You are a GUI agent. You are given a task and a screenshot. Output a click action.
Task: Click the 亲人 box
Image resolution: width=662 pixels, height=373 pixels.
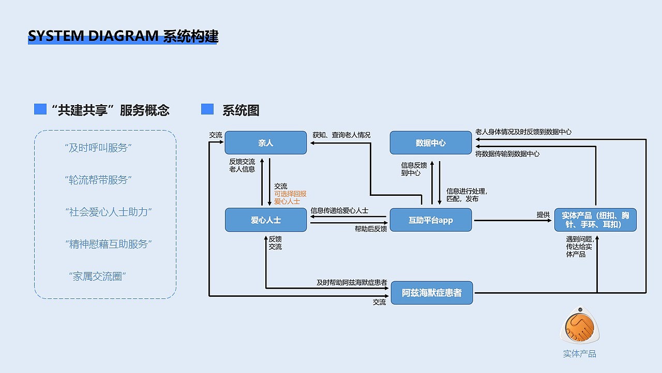click(265, 142)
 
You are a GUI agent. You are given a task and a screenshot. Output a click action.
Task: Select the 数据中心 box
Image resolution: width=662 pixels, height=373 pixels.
click(430, 142)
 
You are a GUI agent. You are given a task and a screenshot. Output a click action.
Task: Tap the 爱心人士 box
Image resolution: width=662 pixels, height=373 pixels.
click(266, 220)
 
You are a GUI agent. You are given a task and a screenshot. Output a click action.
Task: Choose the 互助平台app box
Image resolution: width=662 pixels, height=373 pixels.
click(430, 220)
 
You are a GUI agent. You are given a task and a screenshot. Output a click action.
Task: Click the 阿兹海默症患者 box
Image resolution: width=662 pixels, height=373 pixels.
click(431, 293)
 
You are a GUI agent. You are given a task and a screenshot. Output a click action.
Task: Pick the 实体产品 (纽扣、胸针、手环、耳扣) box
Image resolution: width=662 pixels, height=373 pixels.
click(595, 220)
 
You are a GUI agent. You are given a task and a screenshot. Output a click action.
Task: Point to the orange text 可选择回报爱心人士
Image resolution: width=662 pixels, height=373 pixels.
click(290, 197)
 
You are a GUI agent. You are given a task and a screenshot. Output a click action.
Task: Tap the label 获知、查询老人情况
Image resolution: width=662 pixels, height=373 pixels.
click(341, 135)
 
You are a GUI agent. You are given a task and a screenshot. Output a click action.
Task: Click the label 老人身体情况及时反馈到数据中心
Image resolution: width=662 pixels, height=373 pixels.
click(523, 132)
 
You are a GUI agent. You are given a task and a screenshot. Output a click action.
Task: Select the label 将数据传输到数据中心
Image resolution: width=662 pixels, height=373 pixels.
click(507, 154)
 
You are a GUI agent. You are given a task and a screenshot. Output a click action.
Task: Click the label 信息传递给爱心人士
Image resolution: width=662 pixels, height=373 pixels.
click(339, 211)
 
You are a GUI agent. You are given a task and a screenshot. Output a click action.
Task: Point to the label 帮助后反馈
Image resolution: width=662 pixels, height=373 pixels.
click(371, 229)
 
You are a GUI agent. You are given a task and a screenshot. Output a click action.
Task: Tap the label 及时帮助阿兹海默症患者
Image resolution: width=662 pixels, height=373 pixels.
click(352, 283)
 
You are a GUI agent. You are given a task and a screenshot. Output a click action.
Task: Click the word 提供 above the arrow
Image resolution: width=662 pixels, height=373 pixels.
click(543, 214)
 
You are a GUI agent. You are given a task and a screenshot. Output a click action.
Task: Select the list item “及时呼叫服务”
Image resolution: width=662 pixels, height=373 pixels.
click(98, 148)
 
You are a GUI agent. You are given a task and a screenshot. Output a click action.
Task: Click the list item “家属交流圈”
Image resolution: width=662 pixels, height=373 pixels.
click(98, 277)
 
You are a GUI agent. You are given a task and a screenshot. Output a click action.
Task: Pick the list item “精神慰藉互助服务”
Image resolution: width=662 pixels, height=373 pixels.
click(108, 244)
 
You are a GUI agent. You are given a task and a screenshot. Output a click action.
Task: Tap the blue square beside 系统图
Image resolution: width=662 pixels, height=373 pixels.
click(207, 109)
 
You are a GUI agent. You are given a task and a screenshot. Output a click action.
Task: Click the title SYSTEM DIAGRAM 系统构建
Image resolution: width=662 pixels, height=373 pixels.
click(123, 36)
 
